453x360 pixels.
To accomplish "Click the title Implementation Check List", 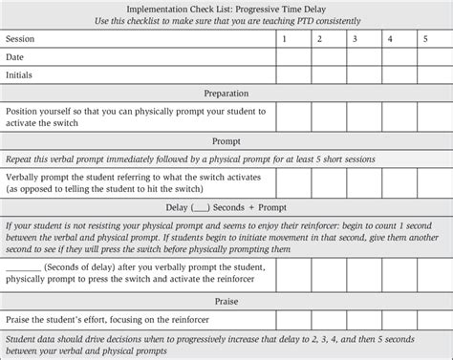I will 226,8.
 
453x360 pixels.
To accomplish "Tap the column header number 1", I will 285,40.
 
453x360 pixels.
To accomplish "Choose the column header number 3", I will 355,40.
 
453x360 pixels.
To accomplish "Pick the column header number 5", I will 424,40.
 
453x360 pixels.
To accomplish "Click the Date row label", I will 15,57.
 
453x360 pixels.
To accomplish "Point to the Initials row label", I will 21,74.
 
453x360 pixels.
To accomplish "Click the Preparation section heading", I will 226,94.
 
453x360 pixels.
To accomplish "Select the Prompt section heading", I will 226,140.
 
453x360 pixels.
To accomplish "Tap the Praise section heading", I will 226,301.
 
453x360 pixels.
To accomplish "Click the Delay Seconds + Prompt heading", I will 226,207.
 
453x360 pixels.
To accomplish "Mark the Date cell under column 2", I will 320,57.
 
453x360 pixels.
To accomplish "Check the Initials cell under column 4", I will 389,74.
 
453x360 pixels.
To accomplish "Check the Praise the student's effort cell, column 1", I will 285,319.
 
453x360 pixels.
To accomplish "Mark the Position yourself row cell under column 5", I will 424,116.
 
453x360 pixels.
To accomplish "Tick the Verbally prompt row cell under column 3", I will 355,183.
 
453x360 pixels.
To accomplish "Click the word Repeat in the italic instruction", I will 20,159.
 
